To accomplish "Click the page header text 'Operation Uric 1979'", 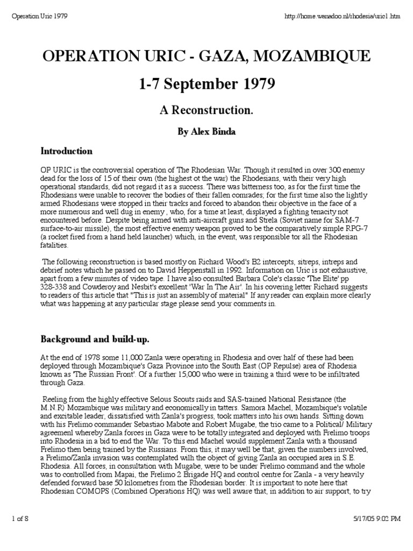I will (39, 16).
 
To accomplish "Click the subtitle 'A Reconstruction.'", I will (206, 110).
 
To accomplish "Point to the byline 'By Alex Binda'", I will (206, 131).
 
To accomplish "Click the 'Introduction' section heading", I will (67, 151).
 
